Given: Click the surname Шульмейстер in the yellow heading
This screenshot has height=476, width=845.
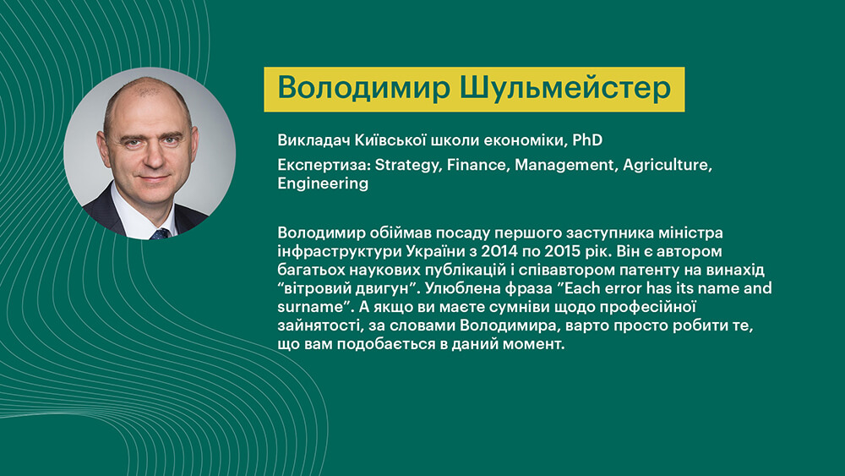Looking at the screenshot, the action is coord(565,89).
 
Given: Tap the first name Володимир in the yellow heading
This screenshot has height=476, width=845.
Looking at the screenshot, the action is coord(363,89).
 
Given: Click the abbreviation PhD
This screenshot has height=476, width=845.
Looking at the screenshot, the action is coord(587,140).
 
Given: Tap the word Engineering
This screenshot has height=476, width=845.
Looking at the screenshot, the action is coord(323,183).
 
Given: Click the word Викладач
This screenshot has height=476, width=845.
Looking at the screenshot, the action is coord(313,140).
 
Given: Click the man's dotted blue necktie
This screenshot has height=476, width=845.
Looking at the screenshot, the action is coord(161,233).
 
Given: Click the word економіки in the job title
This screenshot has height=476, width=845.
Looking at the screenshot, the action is coord(523,140).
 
